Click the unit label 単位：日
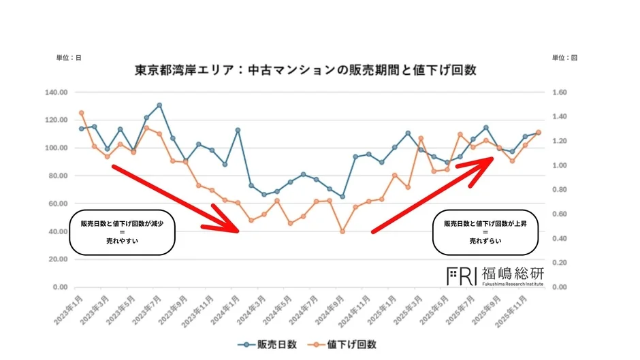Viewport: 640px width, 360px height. click(69, 58)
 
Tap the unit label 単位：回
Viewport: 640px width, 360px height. click(566, 58)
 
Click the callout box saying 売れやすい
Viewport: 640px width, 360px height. click(123, 232)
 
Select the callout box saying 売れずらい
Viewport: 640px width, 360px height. click(485, 232)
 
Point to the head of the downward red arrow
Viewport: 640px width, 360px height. click(235, 229)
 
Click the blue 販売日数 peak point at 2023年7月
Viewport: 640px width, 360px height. click(159, 105)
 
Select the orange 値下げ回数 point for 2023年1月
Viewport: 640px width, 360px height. click(81, 113)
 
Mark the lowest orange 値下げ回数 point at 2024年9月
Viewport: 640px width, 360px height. click(342, 231)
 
